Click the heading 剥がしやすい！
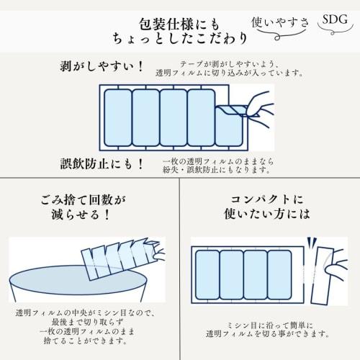point(102,68)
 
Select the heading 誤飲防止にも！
point(102,163)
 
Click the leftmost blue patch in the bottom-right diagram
point(209,276)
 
